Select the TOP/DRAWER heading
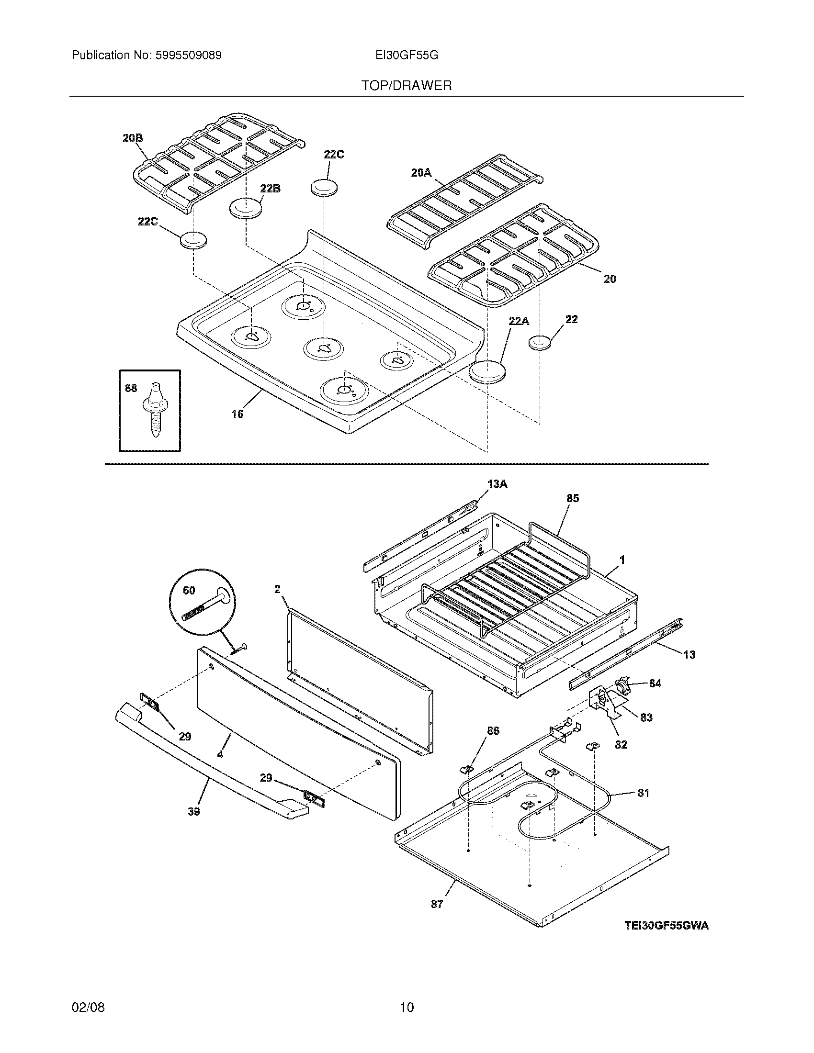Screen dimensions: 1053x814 407,86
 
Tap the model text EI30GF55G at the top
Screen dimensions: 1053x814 407,56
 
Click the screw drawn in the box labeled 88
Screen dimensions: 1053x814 156,410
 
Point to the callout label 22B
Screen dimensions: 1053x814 270,189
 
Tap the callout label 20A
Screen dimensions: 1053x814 421,172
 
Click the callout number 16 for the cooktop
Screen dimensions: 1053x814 237,414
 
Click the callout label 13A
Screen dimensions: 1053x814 497,483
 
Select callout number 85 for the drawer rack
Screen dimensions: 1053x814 572,498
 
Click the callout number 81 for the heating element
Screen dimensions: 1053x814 643,793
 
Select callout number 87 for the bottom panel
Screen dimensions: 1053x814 436,904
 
